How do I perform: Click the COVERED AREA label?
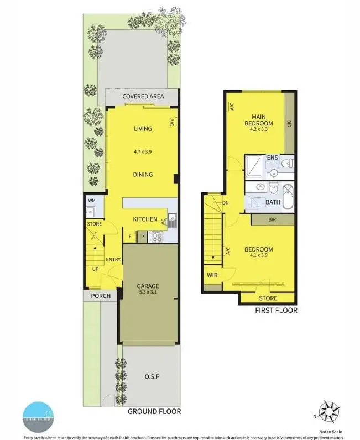(x=143, y=96)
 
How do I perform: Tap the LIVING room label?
(x=143, y=129)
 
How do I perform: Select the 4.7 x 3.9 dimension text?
(x=143, y=151)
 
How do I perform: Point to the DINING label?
(x=143, y=175)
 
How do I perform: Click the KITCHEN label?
(x=145, y=219)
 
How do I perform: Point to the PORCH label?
(x=100, y=296)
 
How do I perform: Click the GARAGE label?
(x=148, y=286)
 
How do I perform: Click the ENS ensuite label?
(x=272, y=158)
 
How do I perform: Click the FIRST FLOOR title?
(x=276, y=311)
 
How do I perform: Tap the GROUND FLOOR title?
(x=154, y=411)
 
